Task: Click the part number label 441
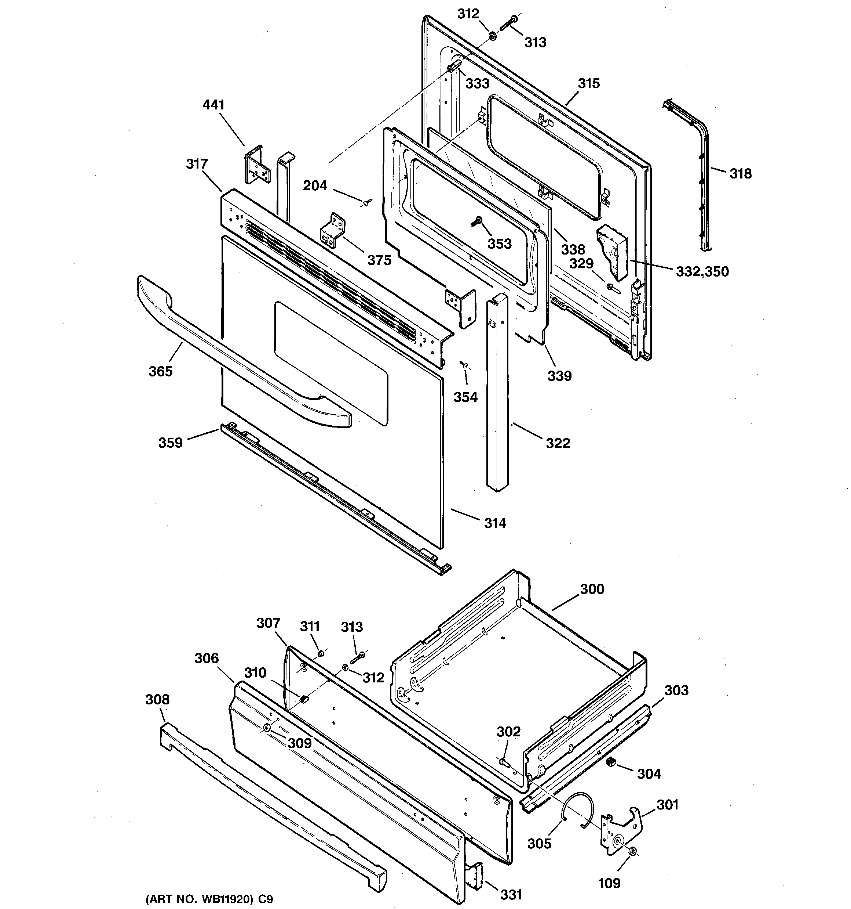[213, 105]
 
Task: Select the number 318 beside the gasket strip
[740, 174]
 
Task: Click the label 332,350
[702, 272]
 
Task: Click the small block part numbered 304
[611, 761]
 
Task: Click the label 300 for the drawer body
[592, 589]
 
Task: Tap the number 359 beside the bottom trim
[170, 443]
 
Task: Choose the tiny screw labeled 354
[464, 364]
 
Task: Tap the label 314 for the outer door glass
[495, 523]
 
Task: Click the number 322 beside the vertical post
[558, 443]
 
